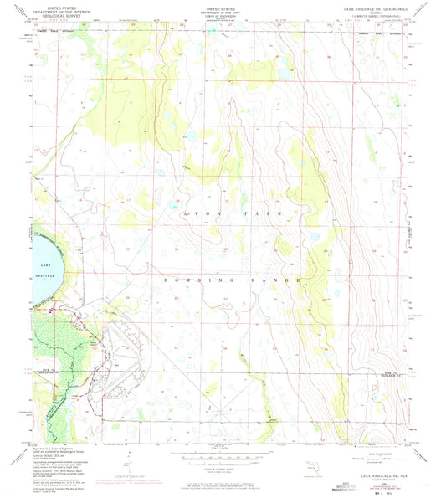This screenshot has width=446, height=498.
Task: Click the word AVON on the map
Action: [194, 216]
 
